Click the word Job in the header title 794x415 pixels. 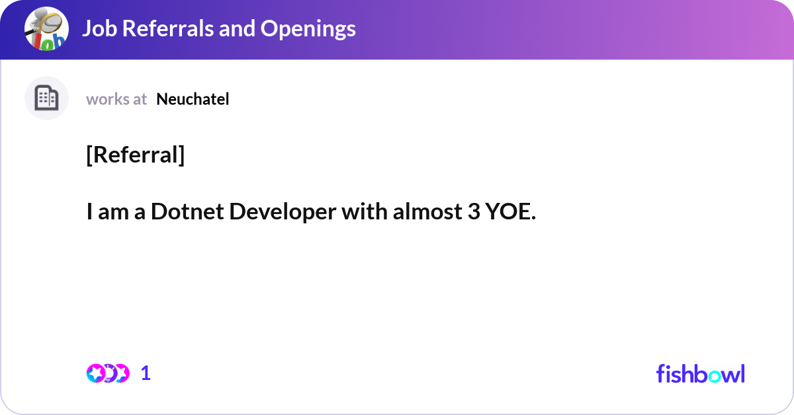click(x=97, y=28)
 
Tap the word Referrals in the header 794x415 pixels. click(x=165, y=28)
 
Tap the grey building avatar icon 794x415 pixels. click(x=46, y=98)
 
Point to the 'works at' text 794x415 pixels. click(x=116, y=99)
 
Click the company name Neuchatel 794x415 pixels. click(x=193, y=99)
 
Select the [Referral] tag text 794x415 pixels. click(x=135, y=155)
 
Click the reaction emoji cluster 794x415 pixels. click(x=107, y=373)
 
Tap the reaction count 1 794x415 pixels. click(x=146, y=373)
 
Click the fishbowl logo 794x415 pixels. click(x=700, y=373)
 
